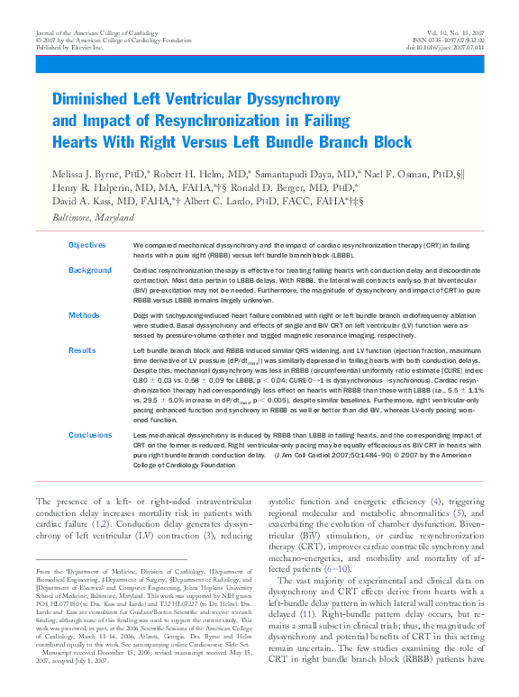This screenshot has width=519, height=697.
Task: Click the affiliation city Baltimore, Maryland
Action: point(80,215)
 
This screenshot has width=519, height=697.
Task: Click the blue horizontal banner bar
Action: point(259,66)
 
